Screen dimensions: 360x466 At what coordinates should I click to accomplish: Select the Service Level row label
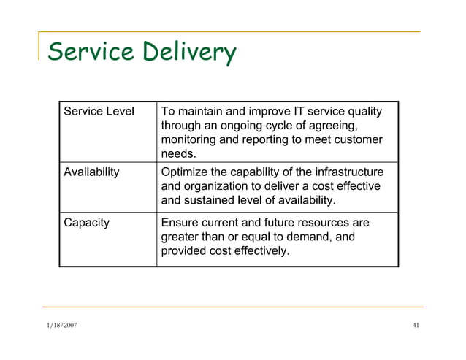coord(99,112)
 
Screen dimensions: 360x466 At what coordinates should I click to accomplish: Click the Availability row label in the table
coord(92,173)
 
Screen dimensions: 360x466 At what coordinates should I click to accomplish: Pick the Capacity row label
coord(87,223)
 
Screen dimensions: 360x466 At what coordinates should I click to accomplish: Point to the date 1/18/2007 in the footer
coord(60,326)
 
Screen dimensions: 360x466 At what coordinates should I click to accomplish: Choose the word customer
coord(356,139)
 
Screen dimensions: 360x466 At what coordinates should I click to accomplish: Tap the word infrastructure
coord(348,173)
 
